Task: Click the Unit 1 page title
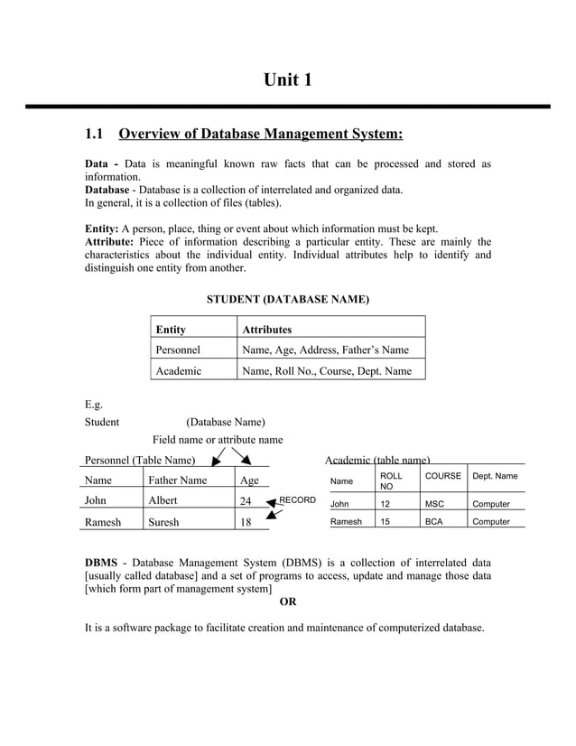[287, 80]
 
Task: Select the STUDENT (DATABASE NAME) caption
[287, 299]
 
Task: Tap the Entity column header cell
[172, 330]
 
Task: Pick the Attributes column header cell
[266, 330]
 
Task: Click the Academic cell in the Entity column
[179, 370]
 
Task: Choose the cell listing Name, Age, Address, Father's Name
[325, 350]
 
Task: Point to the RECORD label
[297, 499]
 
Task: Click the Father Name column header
[177, 480]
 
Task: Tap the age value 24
[245, 500]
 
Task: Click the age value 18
[245, 522]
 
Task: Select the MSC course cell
[434, 504]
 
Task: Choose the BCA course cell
[434, 522]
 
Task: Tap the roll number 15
[385, 522]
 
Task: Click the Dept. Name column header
[495, 476]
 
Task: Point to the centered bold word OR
[287, 601]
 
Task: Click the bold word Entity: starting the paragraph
[102, 228]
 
